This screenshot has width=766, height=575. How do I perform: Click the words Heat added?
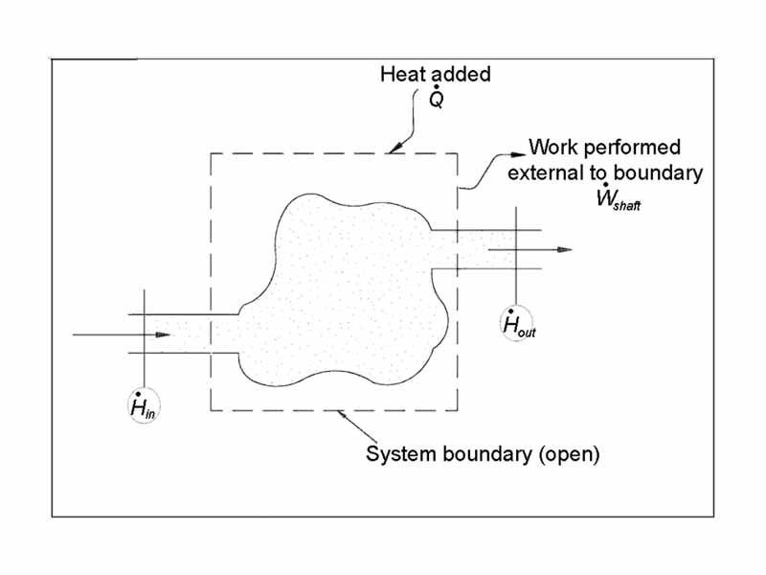pos(435,75)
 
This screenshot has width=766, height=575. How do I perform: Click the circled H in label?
pos(144,408)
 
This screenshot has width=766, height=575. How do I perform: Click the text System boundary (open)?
pos(483,453)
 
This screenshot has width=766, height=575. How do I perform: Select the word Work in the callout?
pos(552,149)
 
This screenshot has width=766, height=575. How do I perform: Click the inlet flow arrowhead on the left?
pos(164,334)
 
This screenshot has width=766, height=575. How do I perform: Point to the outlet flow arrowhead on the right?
pos(566,249)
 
